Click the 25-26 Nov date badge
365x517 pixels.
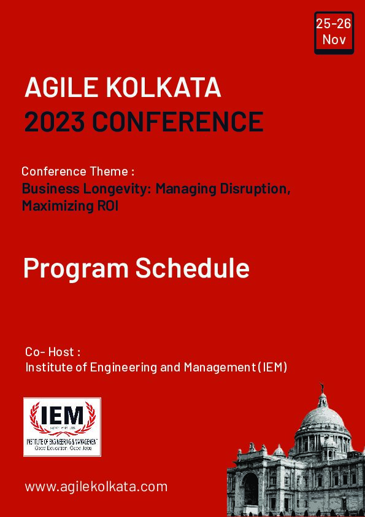point(334,33)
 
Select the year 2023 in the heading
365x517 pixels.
point(55,122)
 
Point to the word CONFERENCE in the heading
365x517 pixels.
point(178,122)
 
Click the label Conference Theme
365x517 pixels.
point(77,171)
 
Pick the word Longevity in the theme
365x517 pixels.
point(122,189)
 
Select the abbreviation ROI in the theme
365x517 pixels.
point(107,206)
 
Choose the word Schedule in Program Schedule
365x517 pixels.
point(192,268)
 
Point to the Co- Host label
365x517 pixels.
point(53,352)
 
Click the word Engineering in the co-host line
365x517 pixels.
point(122,368)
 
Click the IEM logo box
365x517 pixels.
point(62,427)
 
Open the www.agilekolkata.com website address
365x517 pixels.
point(96,486)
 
